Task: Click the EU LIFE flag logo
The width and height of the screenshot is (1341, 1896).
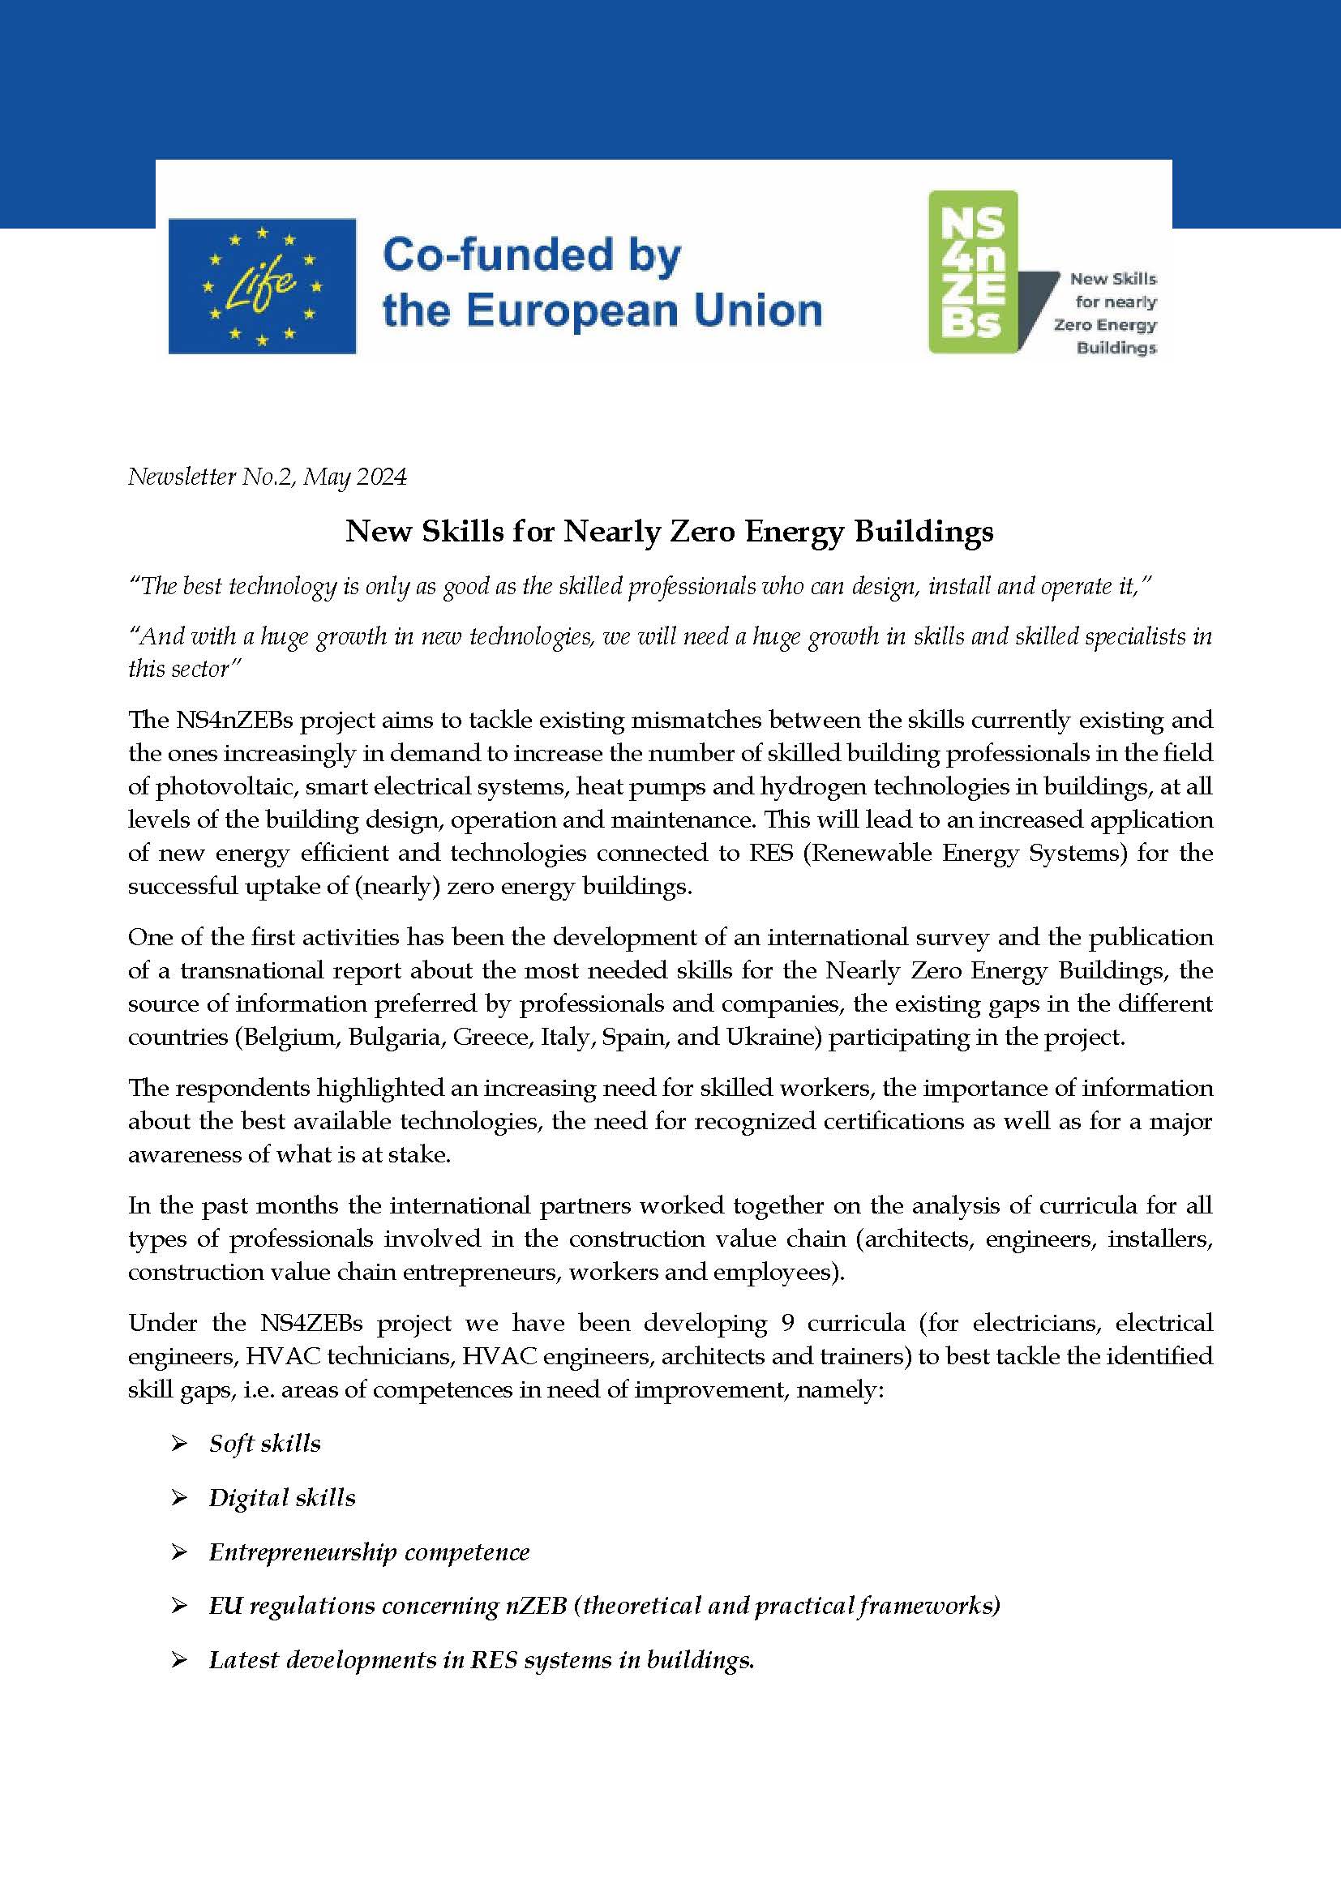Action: tap(262, 285)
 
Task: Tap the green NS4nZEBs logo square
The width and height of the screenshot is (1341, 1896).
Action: tap(973, 272)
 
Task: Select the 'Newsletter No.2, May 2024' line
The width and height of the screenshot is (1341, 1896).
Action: tap(267, 477)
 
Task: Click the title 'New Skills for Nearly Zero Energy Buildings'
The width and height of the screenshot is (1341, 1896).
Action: tap(669, 531)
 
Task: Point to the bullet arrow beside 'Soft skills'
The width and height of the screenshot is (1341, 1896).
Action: tap(179, 1444)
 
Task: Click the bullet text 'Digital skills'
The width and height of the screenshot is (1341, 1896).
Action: tap(281, 1498)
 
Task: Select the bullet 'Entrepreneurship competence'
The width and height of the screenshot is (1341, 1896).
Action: tap(368, 1552)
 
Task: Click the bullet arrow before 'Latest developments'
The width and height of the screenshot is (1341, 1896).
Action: tap(179, 1661)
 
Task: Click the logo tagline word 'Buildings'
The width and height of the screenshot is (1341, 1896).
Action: tap(1116, 349)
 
